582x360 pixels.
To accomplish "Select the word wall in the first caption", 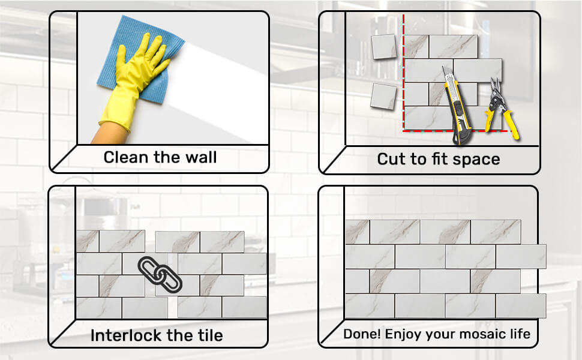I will click(x=198, y=158).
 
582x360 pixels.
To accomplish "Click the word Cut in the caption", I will click(x=391, y=159).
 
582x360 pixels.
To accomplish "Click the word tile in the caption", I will click(x=209, y=335).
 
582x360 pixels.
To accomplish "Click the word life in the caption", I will click(x=520, y=334).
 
